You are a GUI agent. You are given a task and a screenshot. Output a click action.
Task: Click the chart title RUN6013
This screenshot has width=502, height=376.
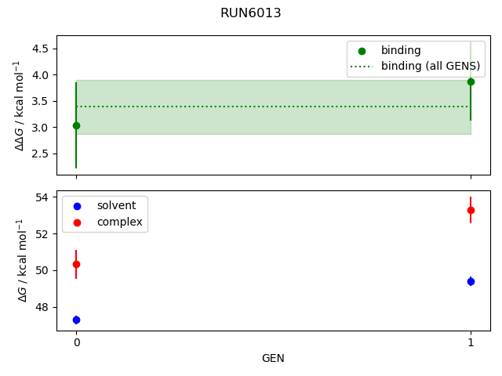pos(251,13)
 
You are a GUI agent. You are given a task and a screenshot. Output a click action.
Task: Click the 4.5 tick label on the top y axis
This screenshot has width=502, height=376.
pos(40,49)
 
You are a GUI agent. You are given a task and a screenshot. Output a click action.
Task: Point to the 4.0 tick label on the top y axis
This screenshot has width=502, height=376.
pos(40,75)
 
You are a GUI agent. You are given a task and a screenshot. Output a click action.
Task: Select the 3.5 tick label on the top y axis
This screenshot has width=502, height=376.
pos(40,101)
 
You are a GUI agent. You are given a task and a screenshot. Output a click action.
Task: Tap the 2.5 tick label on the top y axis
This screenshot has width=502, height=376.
pos(40,154)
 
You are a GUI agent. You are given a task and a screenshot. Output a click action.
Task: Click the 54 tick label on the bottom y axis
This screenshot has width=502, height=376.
pos(43,197)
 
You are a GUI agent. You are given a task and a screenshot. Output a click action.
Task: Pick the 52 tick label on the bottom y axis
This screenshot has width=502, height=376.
pos(43,233)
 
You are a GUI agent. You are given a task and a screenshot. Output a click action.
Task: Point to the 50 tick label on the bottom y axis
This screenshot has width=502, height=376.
pos(43,270)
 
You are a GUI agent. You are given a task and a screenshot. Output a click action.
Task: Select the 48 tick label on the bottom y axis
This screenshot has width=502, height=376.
pos(43,307)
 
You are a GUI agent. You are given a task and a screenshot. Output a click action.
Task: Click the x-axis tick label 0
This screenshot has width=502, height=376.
pos(76,342)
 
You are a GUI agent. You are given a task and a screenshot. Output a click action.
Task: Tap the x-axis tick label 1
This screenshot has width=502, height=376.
pos(471,342)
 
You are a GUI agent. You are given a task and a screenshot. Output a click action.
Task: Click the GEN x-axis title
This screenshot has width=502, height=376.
pos(273,358)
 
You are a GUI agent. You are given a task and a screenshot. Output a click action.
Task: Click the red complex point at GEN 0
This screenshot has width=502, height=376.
pos(76,264)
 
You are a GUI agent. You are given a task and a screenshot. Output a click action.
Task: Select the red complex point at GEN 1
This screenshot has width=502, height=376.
pos(471,210)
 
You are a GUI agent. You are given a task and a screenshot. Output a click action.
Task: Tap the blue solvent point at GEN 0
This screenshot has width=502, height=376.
pos(76,320)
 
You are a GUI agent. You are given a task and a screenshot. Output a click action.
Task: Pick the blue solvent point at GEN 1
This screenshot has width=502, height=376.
pos(471,281)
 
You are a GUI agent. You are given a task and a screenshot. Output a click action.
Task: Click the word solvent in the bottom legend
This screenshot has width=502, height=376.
pos(116,205)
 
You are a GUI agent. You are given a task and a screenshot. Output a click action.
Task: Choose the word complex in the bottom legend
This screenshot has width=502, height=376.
pos(119,222)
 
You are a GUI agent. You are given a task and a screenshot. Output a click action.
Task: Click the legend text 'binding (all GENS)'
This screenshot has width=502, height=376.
pos(430,66)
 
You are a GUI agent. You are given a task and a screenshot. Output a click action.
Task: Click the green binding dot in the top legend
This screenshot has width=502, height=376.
pos(362,50)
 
